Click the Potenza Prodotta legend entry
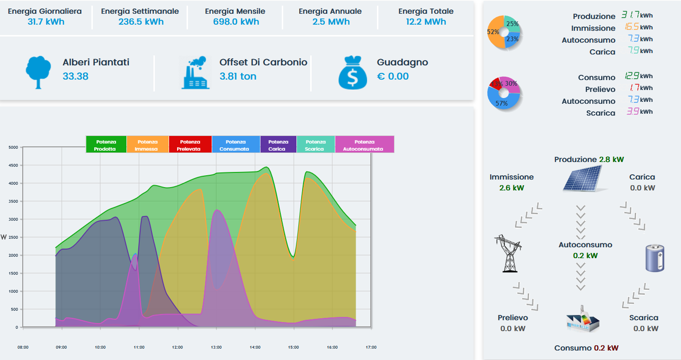pyautogui.click(x=106, y=144)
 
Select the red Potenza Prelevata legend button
pyautogui.click(x=190, y=144)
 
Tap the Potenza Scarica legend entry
pyautogui.click(x=315, y=144)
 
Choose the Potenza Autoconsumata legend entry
pyautogui.click(x=364, y=144)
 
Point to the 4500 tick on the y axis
pyautogui.click(x=13, y=165)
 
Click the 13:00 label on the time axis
pyautogui.click(x=216, y=347)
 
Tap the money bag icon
pyautogui.click(x=353, y=72)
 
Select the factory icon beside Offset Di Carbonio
pyautogui.click(x=196, y=72)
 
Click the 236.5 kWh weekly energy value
pyautogui.click(x=141, y=22)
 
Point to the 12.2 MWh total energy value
pyautogui.click(x=426, y=22)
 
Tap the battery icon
pyautogui.click(x=655, y=258)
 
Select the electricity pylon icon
pyautogui.click(x=508, y=253)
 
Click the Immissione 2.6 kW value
pyautogui.click(x=511, y=188)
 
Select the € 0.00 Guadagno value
pyautogui.click(x=393, y=76)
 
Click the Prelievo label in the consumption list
pyautogui.click(x=600, y=90)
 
